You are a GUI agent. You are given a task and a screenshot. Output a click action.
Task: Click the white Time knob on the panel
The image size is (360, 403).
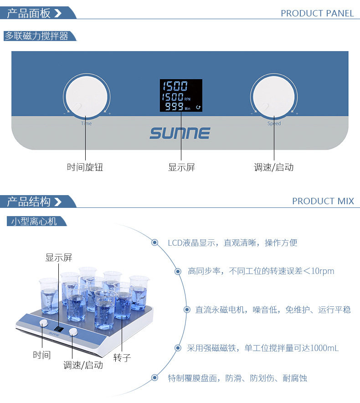click(x=87, y=97)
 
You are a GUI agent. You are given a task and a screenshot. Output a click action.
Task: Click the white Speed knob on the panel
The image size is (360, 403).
click(x=274, y=97)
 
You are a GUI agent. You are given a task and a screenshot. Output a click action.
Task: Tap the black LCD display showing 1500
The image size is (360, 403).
click(x=181, y=95)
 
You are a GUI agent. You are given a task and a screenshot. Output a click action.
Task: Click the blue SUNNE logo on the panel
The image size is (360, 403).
click(x=180, y=133)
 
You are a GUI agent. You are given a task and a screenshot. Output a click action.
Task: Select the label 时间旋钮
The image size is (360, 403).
click(x=85, y=167)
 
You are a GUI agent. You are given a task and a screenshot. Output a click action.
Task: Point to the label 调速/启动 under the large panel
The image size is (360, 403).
click(x=274, y=167)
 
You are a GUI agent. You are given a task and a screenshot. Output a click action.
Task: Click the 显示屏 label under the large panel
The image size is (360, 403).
click(x=181, y=167)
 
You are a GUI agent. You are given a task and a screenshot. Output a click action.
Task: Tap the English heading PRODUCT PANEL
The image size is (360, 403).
click(x=317, y=13)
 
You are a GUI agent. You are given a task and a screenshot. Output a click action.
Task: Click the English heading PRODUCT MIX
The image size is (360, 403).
click(x=323, y=201)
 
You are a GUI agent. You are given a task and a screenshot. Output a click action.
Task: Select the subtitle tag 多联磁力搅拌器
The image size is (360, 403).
click(x=36, y=36)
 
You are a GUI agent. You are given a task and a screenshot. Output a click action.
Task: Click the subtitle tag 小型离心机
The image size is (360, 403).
click(x=34, y=221)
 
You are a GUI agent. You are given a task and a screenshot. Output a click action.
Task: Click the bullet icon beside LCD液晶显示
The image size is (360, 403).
click(x=154, y=243)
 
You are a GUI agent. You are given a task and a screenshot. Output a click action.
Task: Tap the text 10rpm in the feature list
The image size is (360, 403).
click(x=323, y=271)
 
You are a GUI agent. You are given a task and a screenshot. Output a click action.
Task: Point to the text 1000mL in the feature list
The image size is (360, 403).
click(x=324, y=348)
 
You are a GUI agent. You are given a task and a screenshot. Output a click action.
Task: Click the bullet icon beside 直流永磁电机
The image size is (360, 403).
click(x=187, y=310)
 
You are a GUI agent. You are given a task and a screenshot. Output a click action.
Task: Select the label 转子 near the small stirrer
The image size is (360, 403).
click(x=122, y=357)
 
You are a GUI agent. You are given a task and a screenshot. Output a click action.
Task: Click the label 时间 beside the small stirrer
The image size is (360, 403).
click(x=41, y=355)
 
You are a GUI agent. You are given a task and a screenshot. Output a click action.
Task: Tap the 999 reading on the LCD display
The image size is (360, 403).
click(x=174, y=106)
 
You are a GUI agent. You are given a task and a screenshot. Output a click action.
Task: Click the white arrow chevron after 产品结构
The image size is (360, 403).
click(x=58, y=201)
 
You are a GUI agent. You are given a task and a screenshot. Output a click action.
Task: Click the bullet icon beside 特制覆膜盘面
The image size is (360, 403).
click(x=154, y=377)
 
